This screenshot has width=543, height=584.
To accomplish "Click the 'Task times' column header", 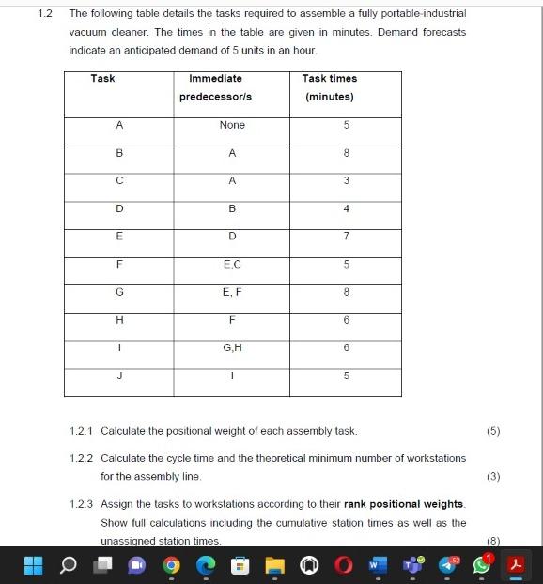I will coord(329,87).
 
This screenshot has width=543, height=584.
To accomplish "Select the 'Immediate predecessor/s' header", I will coord(215,87).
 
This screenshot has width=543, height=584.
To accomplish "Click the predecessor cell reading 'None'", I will coord(231,125).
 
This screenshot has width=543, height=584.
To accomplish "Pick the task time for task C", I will coord(346,180).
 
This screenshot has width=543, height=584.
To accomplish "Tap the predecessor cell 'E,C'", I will coord(231,265).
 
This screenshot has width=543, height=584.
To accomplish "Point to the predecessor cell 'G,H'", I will coord(231,347).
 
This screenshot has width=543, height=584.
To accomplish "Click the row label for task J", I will coord(119,377).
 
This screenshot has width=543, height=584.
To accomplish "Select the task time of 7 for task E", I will coord(346,236).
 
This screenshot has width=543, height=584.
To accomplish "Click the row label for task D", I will coord(119,208).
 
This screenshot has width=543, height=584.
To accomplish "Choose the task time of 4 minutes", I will coord(346,208).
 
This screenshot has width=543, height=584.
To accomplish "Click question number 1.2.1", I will coord(84,431).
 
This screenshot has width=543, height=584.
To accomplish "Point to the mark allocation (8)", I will coord(493,541).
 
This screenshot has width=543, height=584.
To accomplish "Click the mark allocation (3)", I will coord(493,476).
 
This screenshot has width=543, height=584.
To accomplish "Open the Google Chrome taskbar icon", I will coord(172,565).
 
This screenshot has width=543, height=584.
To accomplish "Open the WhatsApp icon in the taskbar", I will coord(481,565).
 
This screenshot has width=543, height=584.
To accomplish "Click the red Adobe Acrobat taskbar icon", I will coord(515,565).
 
